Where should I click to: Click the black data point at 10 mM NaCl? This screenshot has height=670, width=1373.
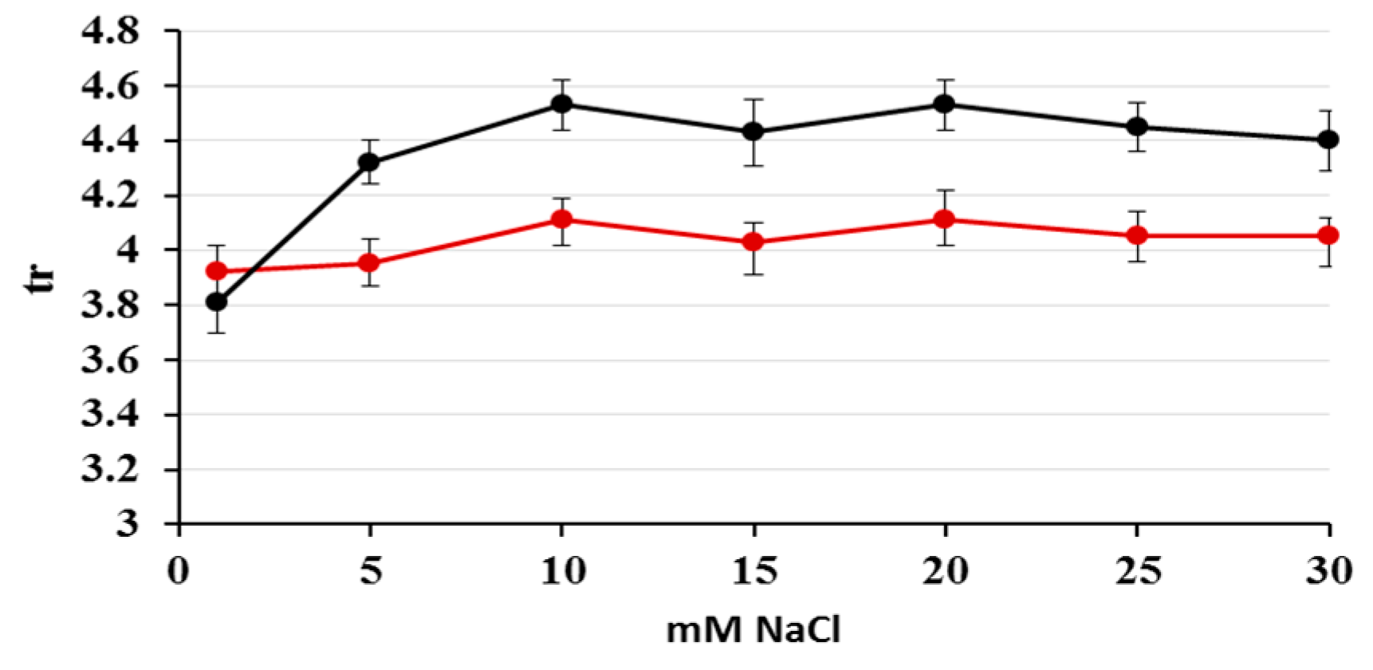click(x=562, y=104)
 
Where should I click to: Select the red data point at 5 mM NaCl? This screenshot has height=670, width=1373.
click(x=369, y=263)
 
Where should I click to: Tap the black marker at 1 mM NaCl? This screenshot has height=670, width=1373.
click(x=216, y=302)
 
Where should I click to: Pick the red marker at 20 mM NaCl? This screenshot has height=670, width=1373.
click(x=945, y=219)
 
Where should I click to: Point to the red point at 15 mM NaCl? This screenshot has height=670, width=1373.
click(x=753, y=242)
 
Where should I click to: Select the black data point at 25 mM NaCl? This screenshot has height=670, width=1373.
click(x=1137, y=127)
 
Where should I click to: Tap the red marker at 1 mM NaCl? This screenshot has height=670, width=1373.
click(x=216, y=271)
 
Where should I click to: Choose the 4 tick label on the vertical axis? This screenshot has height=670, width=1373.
click(x=128, y=250)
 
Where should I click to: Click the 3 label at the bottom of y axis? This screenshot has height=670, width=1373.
click(x=128, y=524)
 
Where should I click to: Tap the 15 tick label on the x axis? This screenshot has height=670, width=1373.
click(x=753, y=571)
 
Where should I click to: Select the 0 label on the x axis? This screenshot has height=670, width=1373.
click(x=179, y=571)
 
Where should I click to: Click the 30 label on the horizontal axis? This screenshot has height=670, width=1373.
click(x=1328, y=571)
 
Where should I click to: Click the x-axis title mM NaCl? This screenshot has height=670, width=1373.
click(x=753, y=631)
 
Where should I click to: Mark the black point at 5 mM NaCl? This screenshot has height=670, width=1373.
click(x=369, y=163)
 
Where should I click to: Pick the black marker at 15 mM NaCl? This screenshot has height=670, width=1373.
click(x=753, y=132)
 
